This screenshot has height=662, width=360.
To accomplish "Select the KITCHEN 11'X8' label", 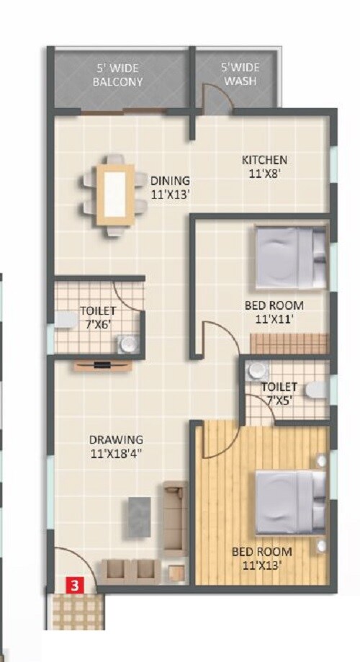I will click(264, 166).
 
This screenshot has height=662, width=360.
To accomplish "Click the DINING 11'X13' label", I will click(170, 187).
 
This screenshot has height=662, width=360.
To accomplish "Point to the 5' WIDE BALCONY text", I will click(118, 75).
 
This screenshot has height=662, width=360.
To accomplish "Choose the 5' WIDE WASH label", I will click(240, 75).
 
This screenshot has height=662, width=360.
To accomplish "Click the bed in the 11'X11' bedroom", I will click(290, 256).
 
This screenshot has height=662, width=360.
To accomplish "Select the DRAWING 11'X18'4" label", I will click(116, 446).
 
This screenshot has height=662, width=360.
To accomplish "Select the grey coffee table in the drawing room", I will click(139, 516).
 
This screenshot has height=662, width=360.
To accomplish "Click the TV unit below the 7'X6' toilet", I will click(103, 364).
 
